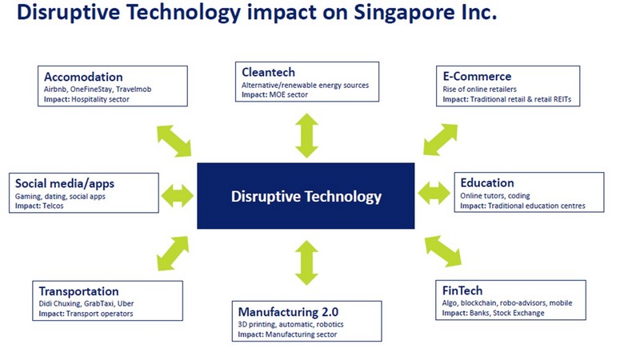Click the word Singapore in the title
tap(411, 12)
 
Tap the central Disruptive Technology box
tap(306, 196)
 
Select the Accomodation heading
tap(83, 77)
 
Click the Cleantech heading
tap(268, 72)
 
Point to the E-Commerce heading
tap(477, 76)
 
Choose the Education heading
tap(487, 182)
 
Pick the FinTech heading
tap(462, 290)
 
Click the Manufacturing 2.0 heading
tap(288, 312)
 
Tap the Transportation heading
tap(78, 291)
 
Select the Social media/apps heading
tap(65, 184)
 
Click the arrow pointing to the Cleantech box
tap(307, 135)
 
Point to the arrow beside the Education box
tap(434, 193)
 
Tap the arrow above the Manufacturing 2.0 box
tap(306, 262)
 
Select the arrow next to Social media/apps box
tap(177, 195)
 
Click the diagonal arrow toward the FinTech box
tap(443, 251)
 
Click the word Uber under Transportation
tap(126, 304)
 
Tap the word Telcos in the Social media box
tap(53, 206)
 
